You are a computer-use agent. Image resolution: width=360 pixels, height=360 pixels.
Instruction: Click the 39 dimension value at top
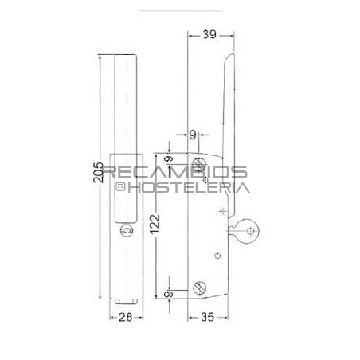click(x=209, y=34)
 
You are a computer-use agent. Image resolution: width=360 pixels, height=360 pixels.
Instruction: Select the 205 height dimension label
click(x=98, y=172)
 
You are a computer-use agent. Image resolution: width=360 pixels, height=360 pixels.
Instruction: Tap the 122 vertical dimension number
click(x=155, y=224)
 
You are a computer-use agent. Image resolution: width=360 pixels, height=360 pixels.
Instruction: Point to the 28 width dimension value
click(x=126, y=317)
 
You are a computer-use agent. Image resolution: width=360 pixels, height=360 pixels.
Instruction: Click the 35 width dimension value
click(x=207, y=317)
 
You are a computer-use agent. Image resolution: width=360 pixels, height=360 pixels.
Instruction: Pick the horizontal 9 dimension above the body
click(x=193, y=135)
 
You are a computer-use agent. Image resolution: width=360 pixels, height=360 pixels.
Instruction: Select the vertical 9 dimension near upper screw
click(x=169, y=159)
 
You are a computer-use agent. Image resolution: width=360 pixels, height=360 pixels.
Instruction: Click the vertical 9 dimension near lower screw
click(x=169, y=294)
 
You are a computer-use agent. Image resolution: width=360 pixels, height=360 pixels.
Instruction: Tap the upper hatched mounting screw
click(x=199, y=165)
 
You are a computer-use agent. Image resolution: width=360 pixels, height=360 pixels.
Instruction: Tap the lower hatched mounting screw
click(x=200, y=288)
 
